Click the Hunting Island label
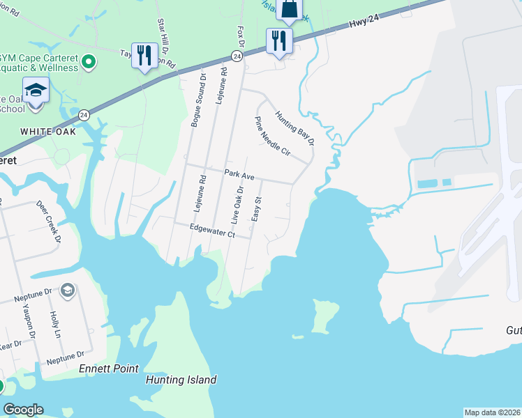point(181,380)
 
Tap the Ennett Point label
point(108,369)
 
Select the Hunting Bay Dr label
point(294,129)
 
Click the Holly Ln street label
point(56,325)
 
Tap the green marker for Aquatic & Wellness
point(88,63)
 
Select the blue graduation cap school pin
point(36,91)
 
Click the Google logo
point(23,410)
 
